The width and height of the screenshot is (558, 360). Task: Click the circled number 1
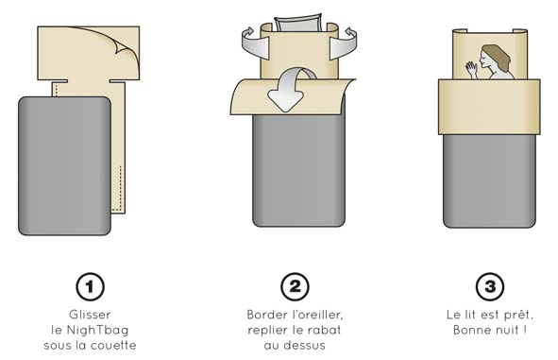click(90, 286)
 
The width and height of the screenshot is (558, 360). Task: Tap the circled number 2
click(295, 286)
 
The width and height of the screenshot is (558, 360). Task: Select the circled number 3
click(490, 286)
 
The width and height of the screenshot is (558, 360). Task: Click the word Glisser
click(90, 315)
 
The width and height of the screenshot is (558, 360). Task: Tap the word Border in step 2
click(267, 315)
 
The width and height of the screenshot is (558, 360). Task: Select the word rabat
click(325, 330)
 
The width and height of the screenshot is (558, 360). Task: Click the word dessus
click(308, 346)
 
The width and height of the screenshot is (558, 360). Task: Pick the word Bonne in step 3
click(467, 330)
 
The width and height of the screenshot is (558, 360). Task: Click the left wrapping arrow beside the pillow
click(254, 43)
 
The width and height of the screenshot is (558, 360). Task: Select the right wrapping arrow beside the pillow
click(344, 43)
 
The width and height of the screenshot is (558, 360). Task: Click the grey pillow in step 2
click(298, 23)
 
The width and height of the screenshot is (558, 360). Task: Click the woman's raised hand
click(471, 68)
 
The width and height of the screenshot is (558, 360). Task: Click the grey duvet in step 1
click(64, 166)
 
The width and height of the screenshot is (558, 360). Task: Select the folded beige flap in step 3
click(489, 107)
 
